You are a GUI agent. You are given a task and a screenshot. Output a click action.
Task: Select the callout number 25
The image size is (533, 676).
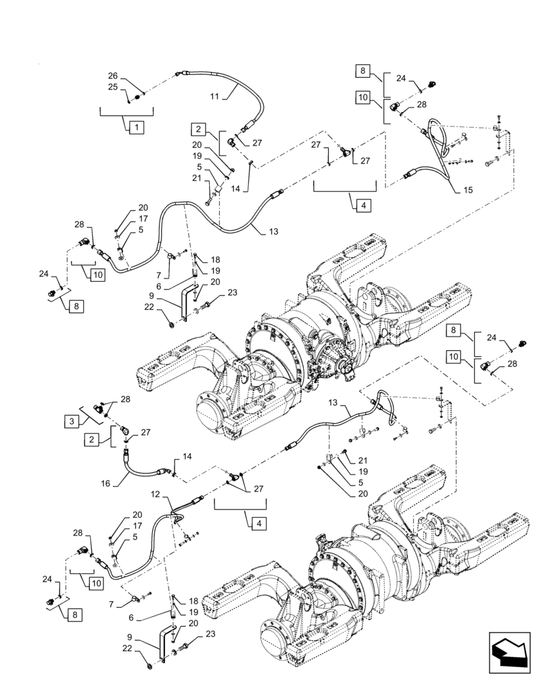point(112,87)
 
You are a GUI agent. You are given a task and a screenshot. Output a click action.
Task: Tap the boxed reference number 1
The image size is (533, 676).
point(135,126)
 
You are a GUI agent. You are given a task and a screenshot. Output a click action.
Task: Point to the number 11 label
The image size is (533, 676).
point(214,97)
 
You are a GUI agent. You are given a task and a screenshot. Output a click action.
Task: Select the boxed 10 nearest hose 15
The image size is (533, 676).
point(363,98)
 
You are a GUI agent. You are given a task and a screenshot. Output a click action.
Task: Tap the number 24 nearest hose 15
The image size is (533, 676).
point(400,78)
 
